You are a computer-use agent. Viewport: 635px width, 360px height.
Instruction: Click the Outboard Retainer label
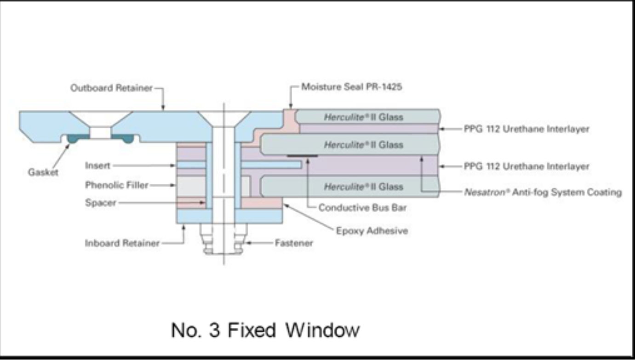point(111,88)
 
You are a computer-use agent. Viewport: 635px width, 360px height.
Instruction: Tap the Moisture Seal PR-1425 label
point(352,86)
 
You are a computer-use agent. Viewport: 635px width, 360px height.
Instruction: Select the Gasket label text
point(43,173)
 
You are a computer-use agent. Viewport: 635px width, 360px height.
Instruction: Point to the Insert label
point(97,166)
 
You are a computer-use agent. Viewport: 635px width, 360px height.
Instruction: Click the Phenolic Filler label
point(116,185)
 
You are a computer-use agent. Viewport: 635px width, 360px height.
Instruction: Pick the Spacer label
point(100,202)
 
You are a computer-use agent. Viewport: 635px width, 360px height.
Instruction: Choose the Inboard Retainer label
point(122,243)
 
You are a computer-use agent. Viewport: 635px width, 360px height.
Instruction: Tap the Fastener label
point(294,243)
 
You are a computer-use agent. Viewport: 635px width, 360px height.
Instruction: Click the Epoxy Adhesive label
point(372,230)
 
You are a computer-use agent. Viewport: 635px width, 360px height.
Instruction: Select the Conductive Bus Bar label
point(362,207)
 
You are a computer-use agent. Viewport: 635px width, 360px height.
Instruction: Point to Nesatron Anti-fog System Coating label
point(543,192)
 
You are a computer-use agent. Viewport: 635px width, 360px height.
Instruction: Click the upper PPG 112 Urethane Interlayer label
point(527,129)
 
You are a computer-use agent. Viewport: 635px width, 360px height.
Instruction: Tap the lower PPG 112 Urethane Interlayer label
point(527,166)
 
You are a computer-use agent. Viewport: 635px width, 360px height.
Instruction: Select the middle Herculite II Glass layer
point(363,145)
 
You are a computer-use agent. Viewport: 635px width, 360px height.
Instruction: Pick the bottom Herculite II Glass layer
point(363,187)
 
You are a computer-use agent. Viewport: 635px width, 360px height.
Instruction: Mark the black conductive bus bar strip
point(302,156)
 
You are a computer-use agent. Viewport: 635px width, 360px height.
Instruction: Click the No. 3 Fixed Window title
point(265,330)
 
